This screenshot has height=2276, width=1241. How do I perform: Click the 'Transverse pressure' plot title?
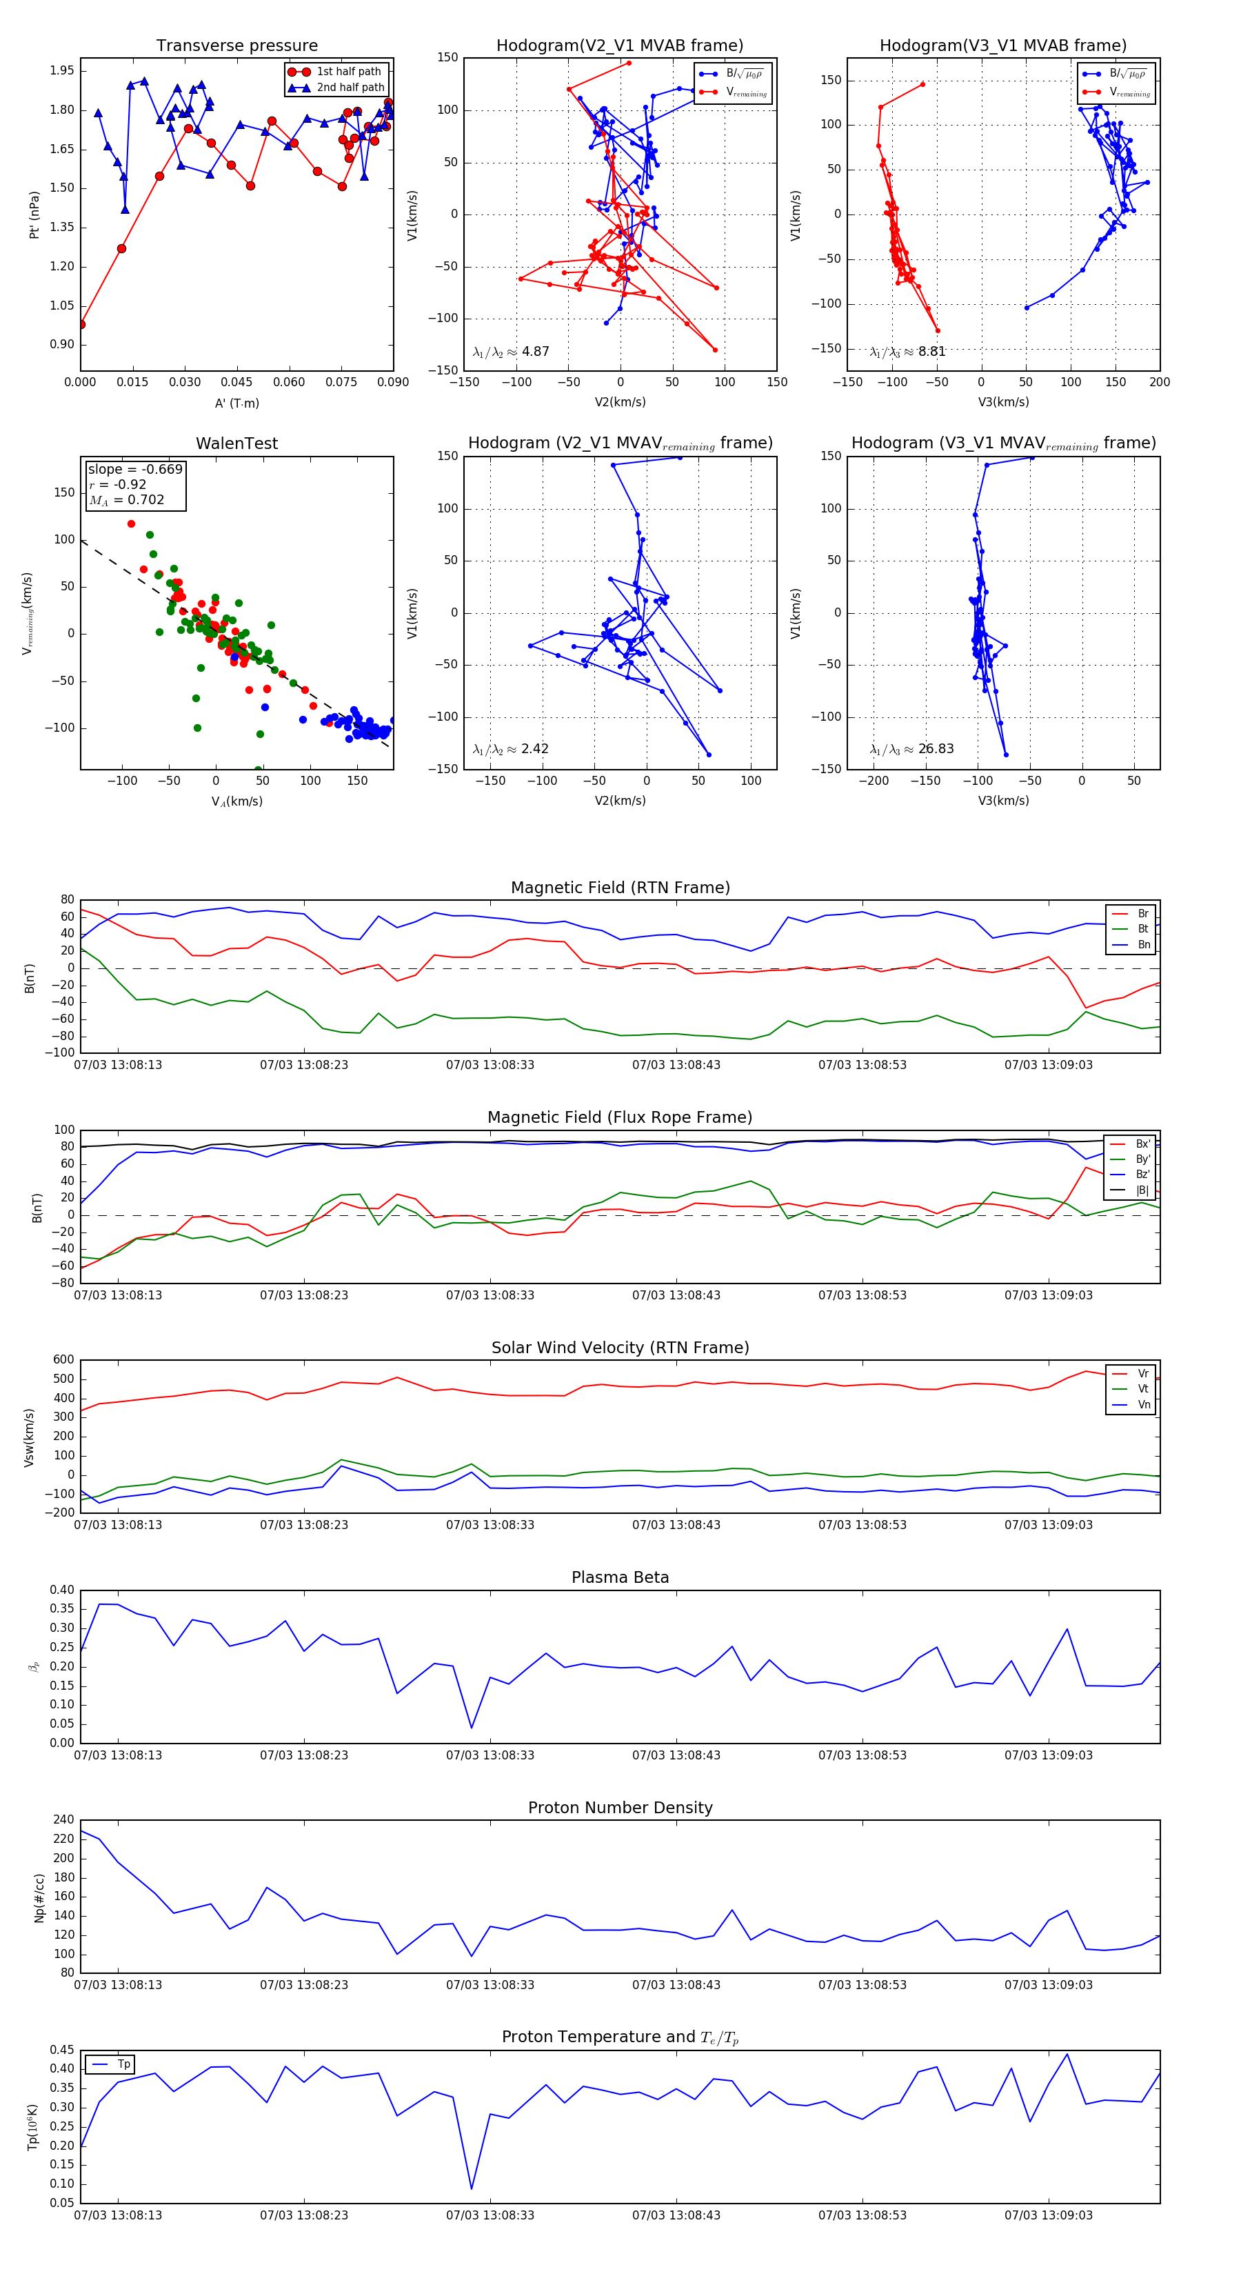coord(236,46)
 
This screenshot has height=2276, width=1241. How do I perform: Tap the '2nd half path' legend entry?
coord(350,88)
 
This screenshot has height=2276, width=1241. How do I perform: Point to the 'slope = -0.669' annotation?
coord(135,469)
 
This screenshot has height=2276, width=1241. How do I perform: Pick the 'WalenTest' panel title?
coord(236,443)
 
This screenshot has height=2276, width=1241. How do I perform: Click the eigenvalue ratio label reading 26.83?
coord(911,748)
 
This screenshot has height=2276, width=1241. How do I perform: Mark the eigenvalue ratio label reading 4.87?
coord(510,352)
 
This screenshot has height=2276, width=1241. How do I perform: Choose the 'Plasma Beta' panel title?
coord(620,1577)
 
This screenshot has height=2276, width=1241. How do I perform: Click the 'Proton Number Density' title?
coord(620,1808)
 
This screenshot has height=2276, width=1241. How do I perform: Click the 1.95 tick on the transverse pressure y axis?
coord(62,70)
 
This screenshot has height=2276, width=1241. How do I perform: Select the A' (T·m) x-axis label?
coord(236,403)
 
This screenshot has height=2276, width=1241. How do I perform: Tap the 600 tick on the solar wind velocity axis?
coord(63,1360)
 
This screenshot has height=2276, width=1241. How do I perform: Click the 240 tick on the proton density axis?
coord(63,1819)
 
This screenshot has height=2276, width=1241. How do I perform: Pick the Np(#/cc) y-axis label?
coord(39,1897)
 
